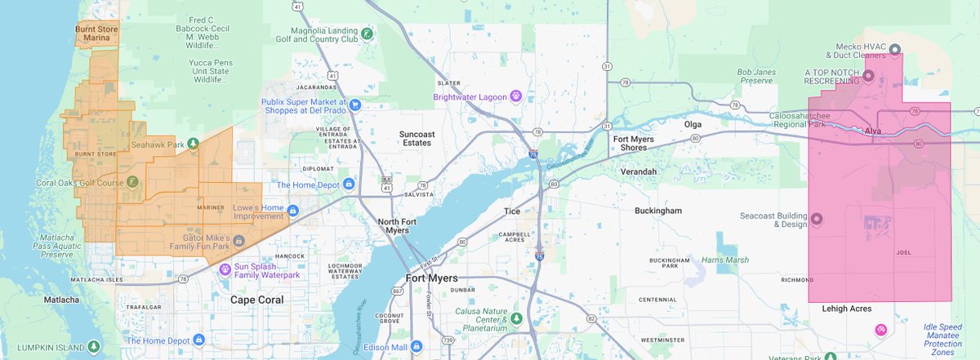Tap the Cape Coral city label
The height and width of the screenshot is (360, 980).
click(256, 300)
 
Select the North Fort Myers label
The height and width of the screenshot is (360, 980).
click(399, 226)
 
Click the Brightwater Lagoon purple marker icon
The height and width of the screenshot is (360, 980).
click(516, 96)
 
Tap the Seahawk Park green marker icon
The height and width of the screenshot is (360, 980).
click(193, 144)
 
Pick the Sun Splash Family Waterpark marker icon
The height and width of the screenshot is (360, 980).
click(225, 270)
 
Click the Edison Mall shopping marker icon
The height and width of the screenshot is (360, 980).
click(416, 345)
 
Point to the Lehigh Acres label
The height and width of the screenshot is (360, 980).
click(840, 309)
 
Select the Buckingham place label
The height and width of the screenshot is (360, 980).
click(657, 211)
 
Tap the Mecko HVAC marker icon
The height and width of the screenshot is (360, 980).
click(895, 48)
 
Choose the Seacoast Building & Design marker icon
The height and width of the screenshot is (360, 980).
click(817, 219)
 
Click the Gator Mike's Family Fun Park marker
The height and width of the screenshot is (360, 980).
click(239, 241)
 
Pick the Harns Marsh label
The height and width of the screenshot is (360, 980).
click(724, 260)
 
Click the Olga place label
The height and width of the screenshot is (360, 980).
click(693, 125)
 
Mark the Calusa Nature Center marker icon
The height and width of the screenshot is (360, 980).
click(516, 317)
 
